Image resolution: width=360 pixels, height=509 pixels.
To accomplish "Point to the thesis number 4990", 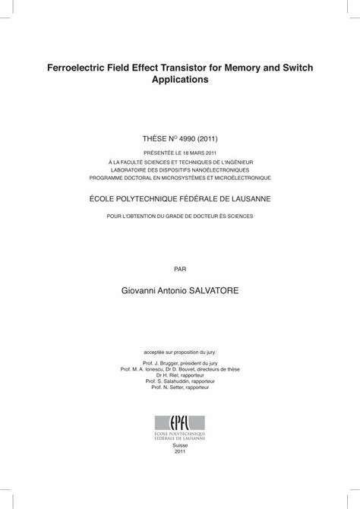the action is tap(182, 141).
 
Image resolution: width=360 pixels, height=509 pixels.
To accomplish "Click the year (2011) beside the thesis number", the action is tap(205, 141).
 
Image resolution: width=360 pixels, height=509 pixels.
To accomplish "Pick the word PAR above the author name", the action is tap(180, 268).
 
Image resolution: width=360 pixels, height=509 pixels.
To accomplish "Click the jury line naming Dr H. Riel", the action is tap(180, 374).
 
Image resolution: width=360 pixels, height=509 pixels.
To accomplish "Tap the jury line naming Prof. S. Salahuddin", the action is tap(180, 381).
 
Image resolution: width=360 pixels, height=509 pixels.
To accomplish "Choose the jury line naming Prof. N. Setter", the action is tap(180, 387).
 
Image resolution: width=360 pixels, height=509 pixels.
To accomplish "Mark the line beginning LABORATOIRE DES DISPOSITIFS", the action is tap(180, 171).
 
